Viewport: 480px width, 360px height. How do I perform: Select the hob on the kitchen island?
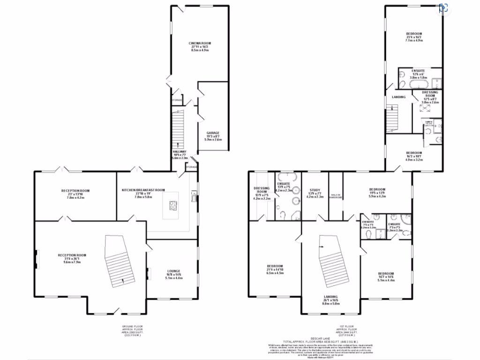coord(172,205)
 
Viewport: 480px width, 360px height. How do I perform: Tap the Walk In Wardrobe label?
coord(336,197)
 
